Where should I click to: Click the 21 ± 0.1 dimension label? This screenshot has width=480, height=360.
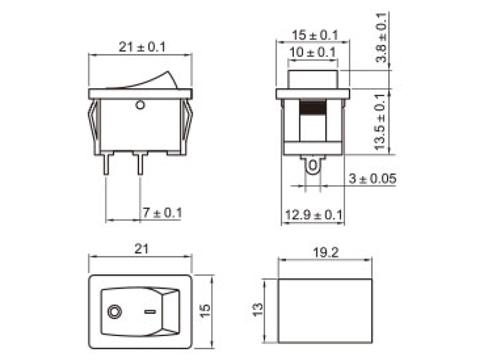(142, 47)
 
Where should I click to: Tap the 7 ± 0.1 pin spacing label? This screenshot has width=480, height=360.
(162, 212)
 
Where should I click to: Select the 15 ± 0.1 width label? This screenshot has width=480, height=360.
(314, 35)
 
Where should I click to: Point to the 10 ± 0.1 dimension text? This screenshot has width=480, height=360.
(313, 52)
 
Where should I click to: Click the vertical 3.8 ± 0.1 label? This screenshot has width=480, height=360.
(382, 38)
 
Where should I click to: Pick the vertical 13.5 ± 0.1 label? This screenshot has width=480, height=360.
(380, 122)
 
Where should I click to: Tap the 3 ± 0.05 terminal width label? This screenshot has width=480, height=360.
(373, 178)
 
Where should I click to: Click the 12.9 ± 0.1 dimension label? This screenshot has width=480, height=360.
(313, 215)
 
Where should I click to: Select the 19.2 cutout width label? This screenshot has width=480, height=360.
(326, 253)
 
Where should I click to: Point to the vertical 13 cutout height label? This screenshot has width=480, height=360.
(258, 310)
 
